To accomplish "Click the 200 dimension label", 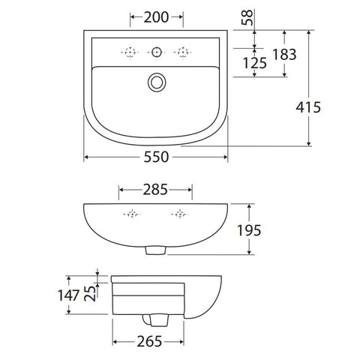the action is (x=156, y=17).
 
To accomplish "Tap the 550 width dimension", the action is (x=156, y=157).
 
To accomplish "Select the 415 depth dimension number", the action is (x=308, y=107).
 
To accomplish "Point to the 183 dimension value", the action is (x=284, y=55).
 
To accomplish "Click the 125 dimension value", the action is (x=255, y=63).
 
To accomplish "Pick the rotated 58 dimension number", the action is (x=247, y=17).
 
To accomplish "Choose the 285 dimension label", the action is (x=155, y=190).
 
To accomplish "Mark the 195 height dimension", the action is (x=249, y=230).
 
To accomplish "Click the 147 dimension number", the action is (x=69, y=295).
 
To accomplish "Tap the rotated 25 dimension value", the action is (x=90, y=293).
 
